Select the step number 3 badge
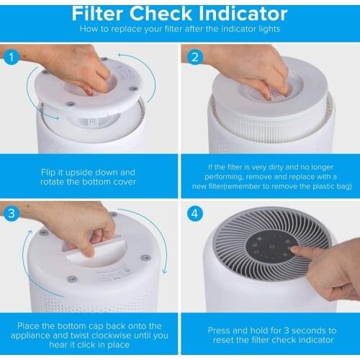point(12,214)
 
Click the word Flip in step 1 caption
point(48,173)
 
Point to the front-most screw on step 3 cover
point(71,279)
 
